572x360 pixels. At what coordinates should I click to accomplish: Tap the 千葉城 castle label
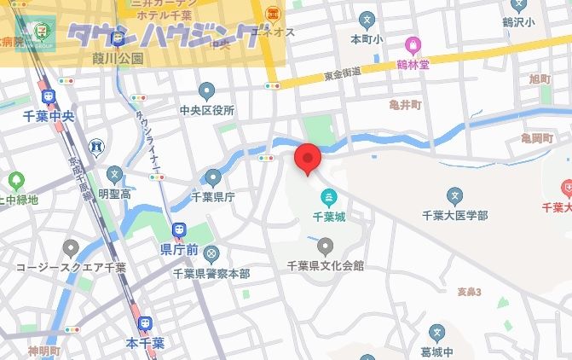coord(327,218)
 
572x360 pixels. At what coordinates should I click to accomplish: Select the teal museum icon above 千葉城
coord(327,200)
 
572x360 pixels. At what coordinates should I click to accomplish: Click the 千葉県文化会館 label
coord(326,266)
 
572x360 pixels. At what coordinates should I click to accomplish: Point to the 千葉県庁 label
coord(212,196)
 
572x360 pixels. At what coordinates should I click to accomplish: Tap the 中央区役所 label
coord(206,110)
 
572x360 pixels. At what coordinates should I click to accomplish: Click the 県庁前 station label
coord(179,250)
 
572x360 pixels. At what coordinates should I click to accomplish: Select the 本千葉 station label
coord(145,343)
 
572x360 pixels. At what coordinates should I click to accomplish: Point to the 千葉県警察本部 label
coord(211,273)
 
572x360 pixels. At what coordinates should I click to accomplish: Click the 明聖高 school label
coord(114,195)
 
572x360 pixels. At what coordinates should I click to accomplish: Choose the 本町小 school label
coord(367,38)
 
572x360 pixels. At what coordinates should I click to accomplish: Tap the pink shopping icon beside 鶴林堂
coord(413,44)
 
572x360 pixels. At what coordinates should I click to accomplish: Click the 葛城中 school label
coord(436,351)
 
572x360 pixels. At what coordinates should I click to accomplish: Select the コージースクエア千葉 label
coord(71,267)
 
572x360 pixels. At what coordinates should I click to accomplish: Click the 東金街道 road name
coord(342,73)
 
